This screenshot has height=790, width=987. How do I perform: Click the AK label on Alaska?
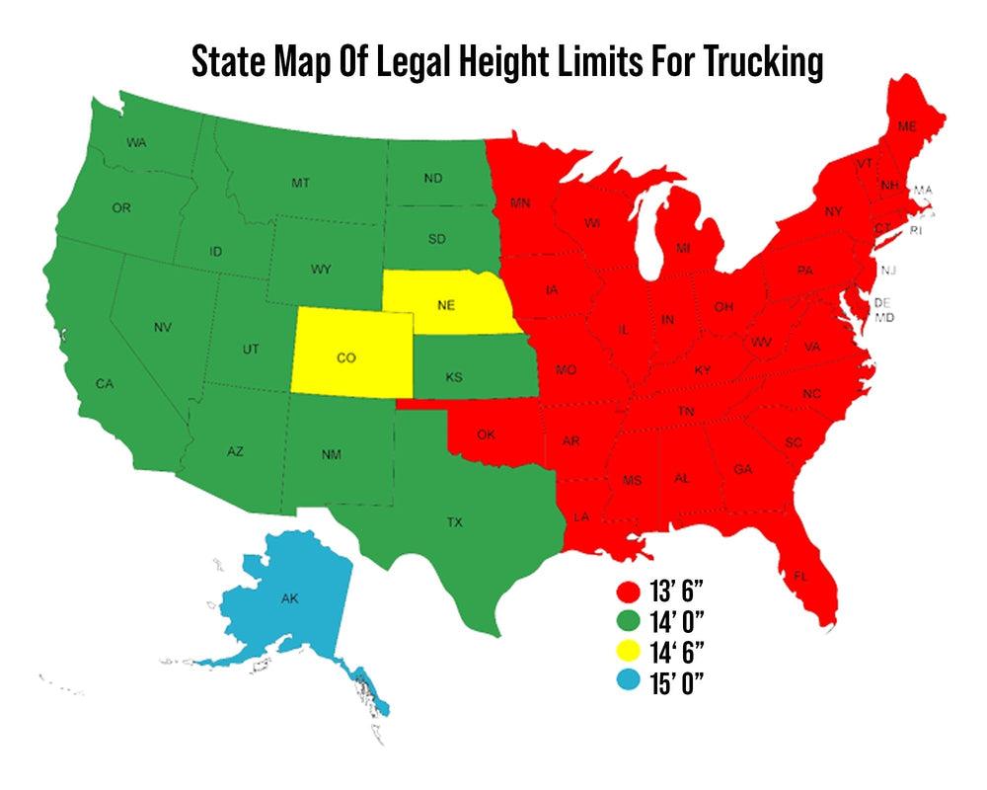pos(289,599)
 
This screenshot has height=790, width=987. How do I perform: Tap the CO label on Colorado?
pos(345,358)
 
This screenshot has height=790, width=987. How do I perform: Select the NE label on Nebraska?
pos(445,305)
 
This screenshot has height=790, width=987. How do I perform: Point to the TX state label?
pos(454,522)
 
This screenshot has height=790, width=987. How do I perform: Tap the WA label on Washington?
pos(137,143)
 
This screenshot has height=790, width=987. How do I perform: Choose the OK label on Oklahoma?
pos(486,434)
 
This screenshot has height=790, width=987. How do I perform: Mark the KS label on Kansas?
pos(454,378)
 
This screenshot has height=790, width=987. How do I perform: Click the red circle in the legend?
pos(626,593)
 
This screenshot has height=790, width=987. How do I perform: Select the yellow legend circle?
pos(626,652)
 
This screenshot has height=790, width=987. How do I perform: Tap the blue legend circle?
pos(626,681)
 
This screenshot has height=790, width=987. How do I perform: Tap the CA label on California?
pos(104,382)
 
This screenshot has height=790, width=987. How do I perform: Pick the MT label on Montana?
pos(300,184)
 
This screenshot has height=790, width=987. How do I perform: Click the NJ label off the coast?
pos(888,271)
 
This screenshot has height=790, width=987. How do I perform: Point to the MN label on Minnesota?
pos(521,204)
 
